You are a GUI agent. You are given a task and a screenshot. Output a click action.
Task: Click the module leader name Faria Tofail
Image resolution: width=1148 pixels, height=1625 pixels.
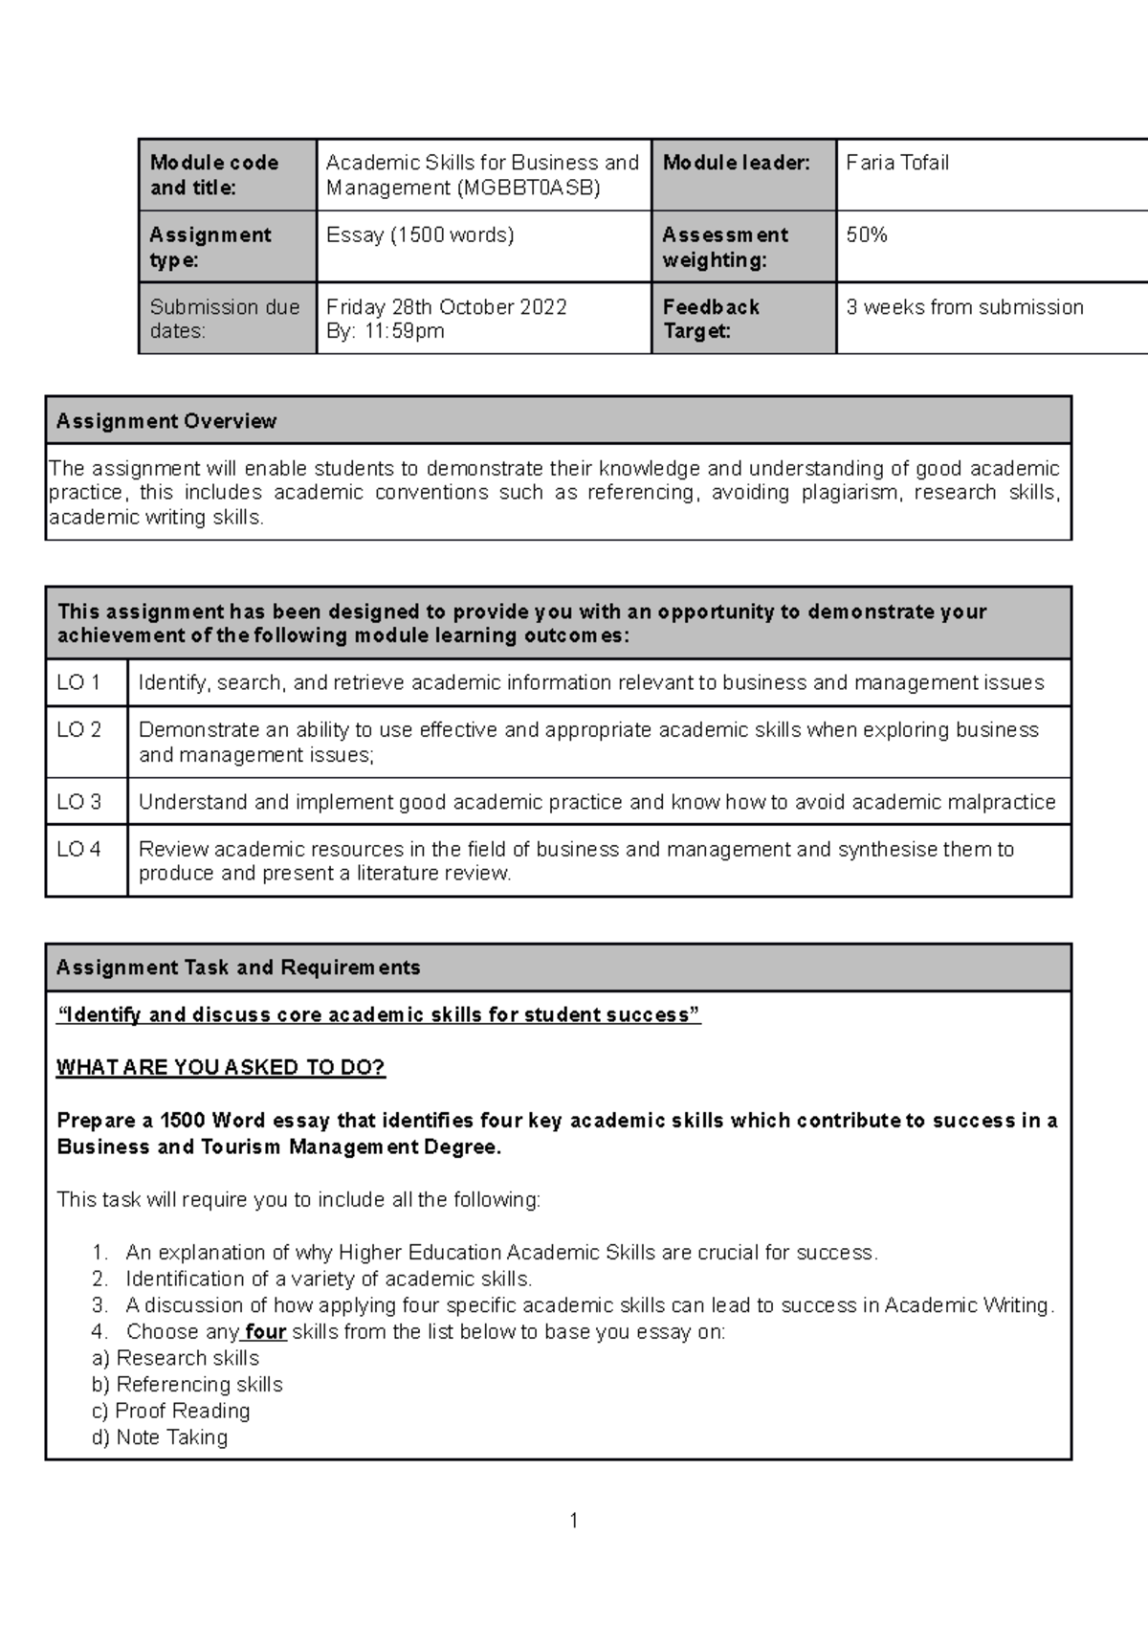point(896,163)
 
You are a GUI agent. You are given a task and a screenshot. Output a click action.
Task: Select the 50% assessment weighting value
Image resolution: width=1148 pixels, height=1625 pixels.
point(866,234)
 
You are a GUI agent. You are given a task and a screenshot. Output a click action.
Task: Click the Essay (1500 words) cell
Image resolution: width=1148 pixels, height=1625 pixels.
point(419,234)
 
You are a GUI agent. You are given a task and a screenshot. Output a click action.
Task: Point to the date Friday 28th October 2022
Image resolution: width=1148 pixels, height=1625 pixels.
point(446,307)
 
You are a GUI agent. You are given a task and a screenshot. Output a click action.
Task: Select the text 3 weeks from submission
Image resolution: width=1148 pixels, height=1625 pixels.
point(964,307)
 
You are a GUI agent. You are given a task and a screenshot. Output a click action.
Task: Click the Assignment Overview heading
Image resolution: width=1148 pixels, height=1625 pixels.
point(166,421)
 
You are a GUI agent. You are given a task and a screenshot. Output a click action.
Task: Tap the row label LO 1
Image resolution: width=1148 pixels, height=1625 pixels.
point(78,682)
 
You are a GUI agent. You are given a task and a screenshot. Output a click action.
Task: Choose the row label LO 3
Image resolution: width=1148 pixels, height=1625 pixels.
point(78,802)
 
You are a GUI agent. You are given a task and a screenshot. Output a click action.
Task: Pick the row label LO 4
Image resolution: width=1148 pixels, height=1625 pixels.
point(78,849)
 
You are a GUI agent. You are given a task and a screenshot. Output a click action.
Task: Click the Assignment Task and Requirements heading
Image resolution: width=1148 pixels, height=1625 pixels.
point(238,968)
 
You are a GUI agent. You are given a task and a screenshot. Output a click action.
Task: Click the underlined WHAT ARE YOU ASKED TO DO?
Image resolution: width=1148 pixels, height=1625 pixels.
point(221,1068)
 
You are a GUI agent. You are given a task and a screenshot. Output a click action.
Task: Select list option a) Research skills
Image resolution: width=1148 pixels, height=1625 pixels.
point(175,1358)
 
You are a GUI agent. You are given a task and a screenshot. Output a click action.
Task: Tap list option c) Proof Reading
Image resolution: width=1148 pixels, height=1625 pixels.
point(170,1411)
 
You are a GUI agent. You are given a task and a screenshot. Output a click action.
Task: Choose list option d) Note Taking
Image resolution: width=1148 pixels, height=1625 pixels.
point(160,1437)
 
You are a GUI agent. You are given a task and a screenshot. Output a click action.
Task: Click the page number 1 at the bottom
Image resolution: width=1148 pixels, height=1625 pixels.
point(573,1521)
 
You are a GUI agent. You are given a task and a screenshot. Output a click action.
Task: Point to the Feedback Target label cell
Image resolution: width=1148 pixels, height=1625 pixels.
point(710,319)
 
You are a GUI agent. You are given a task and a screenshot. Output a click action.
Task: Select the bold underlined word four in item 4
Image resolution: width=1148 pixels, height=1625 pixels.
point(265,1332)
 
